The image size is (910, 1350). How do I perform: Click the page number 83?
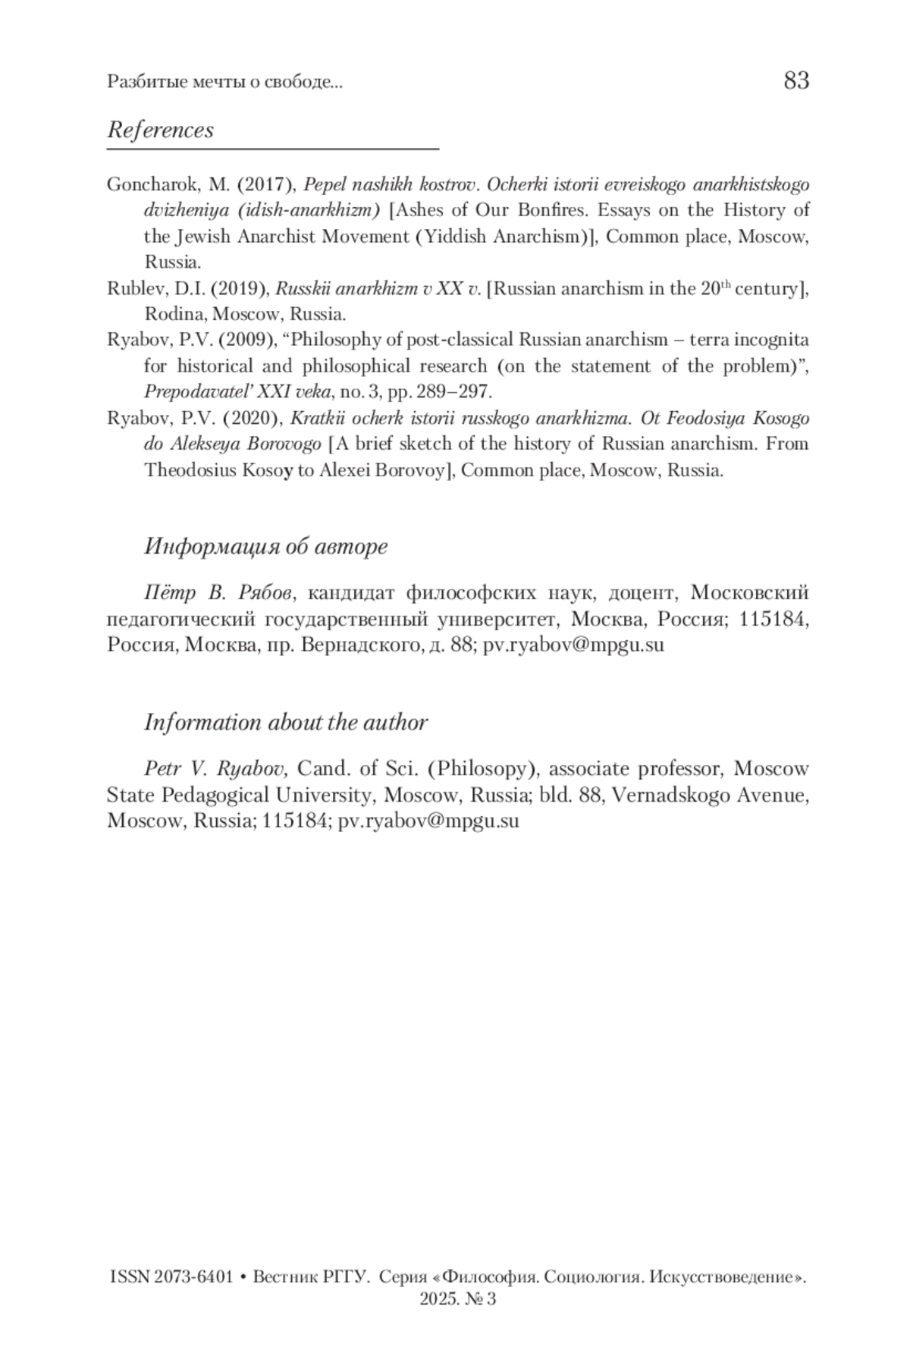(795, 80)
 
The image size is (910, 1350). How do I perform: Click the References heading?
(160, 130)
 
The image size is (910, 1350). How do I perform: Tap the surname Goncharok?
(146, 184)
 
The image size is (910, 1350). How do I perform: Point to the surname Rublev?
(131, 289)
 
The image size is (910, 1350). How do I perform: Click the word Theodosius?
(190, 470)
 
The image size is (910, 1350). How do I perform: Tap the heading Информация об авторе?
(265, 546)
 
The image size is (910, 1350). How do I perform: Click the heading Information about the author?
(286, 722)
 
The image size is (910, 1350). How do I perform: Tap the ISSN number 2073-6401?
(193, 1277)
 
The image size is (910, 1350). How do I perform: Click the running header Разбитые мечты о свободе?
(224, 82)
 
